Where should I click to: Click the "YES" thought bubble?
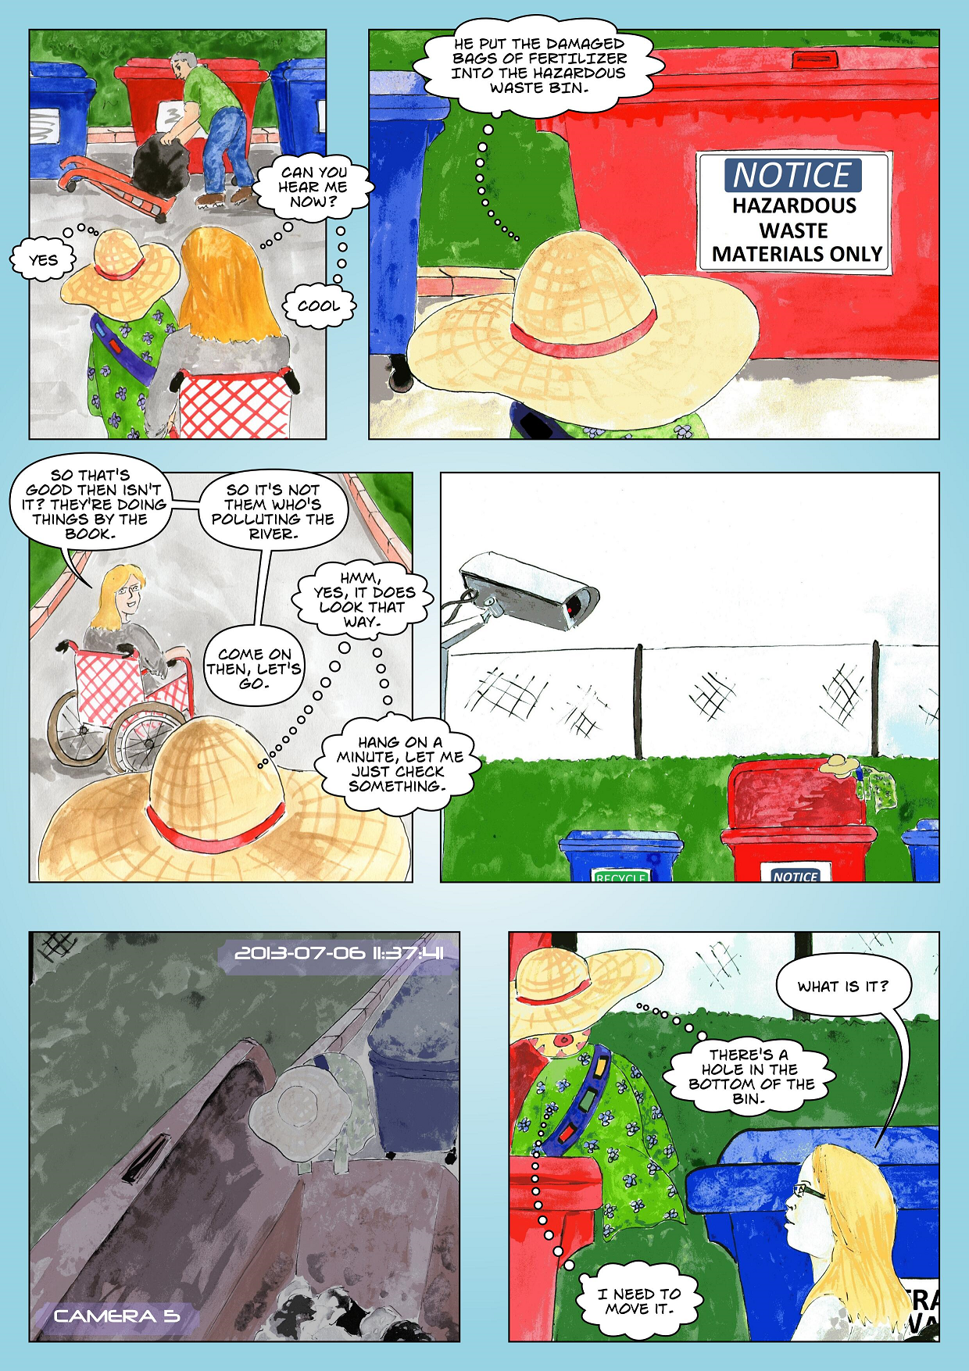tap(43, 259)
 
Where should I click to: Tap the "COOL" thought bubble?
tap(319, 305)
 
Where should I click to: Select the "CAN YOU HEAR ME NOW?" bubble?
tap(313, 187)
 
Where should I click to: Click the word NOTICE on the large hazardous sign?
tap(792, 175)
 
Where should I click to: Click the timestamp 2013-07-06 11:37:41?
tap(339, 953)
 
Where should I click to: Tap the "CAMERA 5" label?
tap(116, 1316)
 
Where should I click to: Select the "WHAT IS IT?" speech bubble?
tap(842, 987)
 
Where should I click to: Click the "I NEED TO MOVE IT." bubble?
tap(638, 1301)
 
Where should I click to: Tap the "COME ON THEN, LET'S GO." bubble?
tap(254, 668)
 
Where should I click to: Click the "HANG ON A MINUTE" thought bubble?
tap(399, 764)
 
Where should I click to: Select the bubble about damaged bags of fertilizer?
tap(539, 66)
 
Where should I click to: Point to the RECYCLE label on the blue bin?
tap(621, 877)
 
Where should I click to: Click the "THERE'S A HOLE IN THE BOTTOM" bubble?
tap(750, 1076)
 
